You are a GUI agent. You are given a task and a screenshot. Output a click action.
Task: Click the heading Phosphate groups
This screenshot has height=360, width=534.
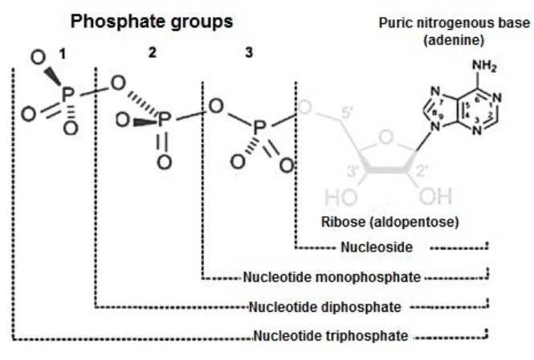click(152, 22)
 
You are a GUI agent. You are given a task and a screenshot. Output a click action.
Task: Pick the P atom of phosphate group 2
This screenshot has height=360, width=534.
click(164, 121)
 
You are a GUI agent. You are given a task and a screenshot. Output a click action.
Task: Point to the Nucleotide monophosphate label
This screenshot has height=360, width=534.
click(332, 278)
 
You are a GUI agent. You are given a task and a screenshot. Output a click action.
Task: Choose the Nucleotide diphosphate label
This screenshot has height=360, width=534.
click(328, 306)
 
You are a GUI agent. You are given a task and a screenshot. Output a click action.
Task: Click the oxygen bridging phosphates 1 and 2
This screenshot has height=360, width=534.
click(117, 84)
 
